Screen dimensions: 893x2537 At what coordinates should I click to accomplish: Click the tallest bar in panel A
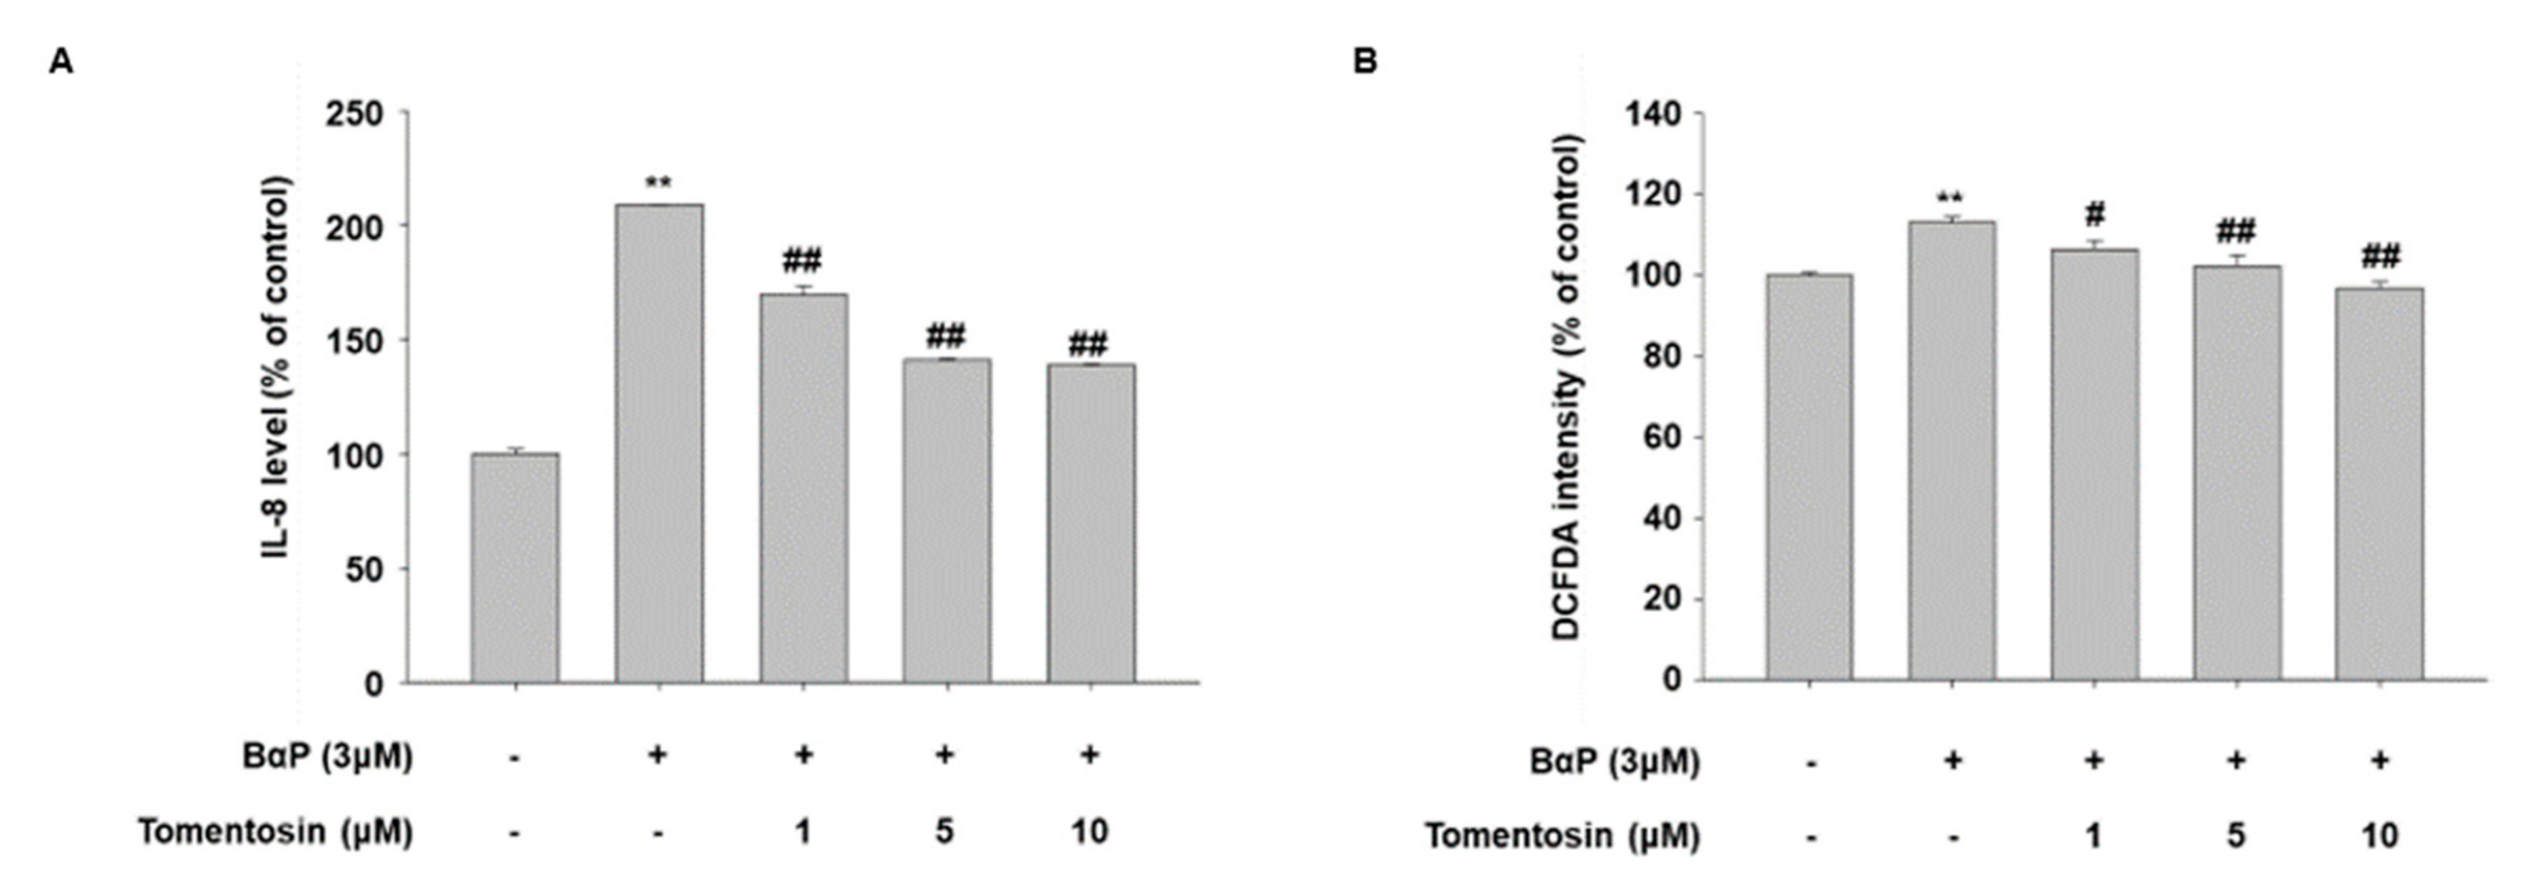(x=659, y=443)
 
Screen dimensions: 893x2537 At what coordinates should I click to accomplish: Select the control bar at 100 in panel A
(x=515, y=568)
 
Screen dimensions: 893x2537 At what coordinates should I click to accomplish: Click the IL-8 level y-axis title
(x=278, y=368)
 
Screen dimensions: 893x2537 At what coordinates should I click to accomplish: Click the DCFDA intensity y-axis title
(x=1567, y=387)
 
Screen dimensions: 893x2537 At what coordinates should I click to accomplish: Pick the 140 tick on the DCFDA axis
(x=1653, y=114)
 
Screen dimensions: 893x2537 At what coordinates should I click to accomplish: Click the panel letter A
(x=61, y=62)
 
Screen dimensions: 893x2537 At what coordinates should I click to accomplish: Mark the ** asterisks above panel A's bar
(x=658, y=183)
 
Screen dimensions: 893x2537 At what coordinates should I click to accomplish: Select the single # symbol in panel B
(x=2095, y=214)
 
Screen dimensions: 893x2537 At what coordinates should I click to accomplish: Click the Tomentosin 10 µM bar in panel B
(x=2379, y=484)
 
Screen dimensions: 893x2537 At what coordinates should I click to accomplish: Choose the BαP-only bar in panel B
(x=1952, y=450)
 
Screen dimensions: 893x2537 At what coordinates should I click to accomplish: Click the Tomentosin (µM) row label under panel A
(x=275, y=832)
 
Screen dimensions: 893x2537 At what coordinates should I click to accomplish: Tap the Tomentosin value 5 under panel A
(x=944, y=832)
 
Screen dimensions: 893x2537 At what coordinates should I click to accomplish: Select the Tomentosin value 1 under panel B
(x=2094, y=836)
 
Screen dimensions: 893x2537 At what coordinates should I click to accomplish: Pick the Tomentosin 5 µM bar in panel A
(x=946, y=520)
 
